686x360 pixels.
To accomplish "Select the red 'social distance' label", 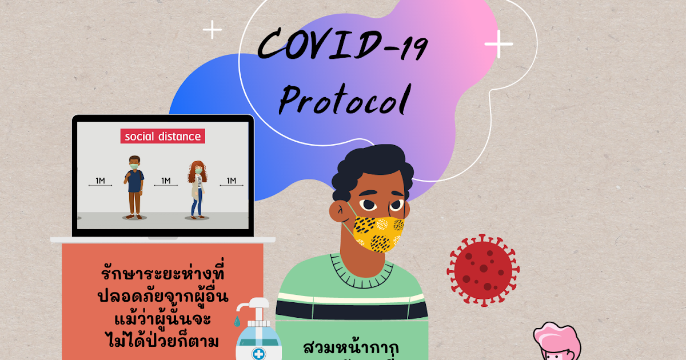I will tap(162, 137).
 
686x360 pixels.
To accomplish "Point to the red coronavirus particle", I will tap(483, 269).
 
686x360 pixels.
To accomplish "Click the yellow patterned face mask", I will tap(379, 233).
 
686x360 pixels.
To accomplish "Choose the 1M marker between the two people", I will tap(166, 182).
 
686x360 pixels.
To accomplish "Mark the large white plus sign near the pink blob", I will tap(498, 44).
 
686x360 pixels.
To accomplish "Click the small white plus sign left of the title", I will tap(212, 30).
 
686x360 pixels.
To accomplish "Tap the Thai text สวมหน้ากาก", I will tap(352, 347).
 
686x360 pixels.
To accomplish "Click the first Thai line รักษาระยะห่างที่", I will tap(163, 274).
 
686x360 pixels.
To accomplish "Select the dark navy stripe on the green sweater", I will tap(352, 309).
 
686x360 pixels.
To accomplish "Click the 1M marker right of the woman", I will tap(232, 182).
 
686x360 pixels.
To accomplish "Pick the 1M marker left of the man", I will tap(100, 182).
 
